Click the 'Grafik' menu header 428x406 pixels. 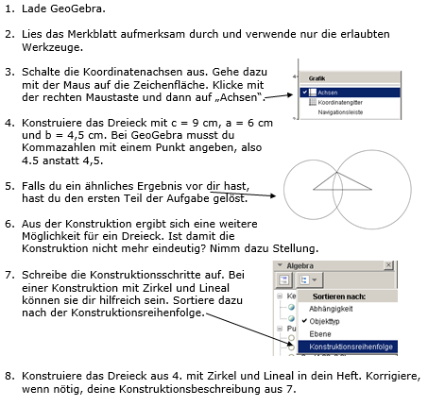[x=317, y=79]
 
